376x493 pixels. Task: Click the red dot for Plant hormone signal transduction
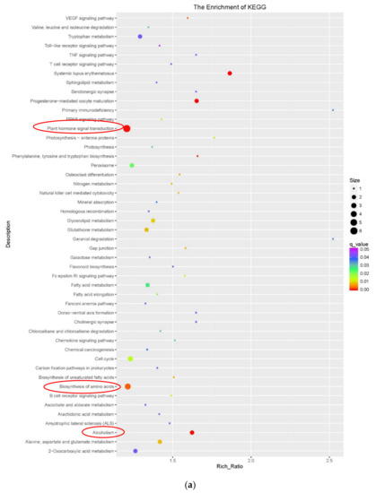coord(127,128)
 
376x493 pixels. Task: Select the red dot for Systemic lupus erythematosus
coord(231,74)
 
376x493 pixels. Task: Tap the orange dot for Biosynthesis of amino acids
coord(127,386)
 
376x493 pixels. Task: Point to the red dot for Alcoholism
coord(192,432)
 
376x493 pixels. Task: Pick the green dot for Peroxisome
coord(132,165)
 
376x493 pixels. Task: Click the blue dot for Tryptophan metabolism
coord(141,37)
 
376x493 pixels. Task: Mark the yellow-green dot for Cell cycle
coord(130,359)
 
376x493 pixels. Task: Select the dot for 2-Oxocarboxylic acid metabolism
coord(136,451)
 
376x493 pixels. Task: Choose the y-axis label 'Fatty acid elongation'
coord(93,294)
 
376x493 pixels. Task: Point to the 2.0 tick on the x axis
coord(251,462)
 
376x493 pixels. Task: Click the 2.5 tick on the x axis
coord(329,462)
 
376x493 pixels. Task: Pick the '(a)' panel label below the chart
coord(188,485)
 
